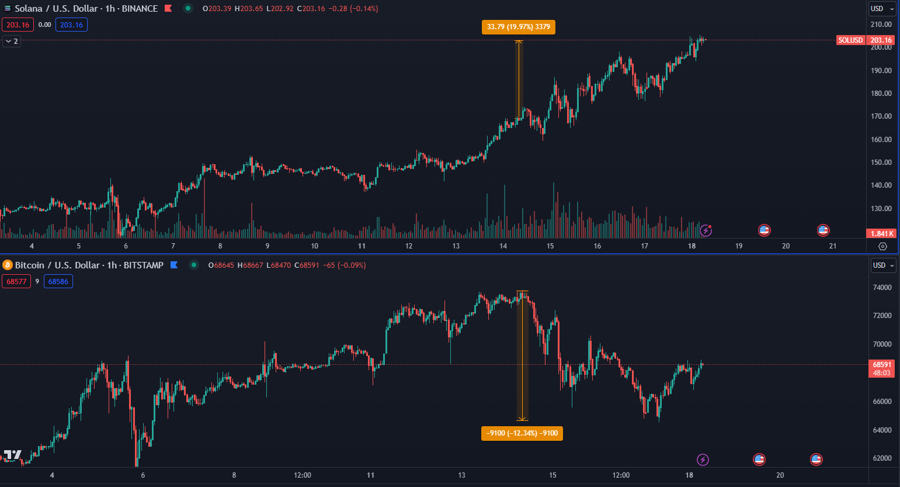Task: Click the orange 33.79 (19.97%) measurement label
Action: point(518,27)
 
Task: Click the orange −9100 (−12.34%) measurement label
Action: point(522,433)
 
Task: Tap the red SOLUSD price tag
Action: point(850,40)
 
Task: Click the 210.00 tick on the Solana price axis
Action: point(881,25)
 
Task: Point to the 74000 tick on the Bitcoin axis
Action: point(881,288)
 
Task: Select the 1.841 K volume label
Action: point(882,234)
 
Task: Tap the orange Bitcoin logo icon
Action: point(8,265)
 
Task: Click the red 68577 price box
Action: point(16,282)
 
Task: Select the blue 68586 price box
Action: point(58,282)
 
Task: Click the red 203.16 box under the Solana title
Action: point(18,25)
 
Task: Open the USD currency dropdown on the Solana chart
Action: point(882,9)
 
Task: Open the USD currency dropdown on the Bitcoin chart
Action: point(882,265)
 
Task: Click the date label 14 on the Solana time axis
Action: point(503,246)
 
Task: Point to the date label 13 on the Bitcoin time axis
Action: point(461,475)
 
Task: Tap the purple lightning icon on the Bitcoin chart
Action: point(703,460)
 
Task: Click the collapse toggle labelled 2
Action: point(12,42)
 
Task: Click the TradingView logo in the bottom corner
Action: point(12,455)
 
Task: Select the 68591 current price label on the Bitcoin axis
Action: point(881,365)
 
